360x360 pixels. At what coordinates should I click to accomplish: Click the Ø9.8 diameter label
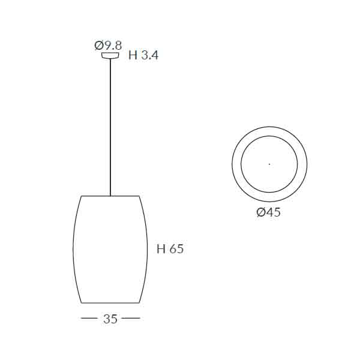pyautogui.click(x=108, y=46)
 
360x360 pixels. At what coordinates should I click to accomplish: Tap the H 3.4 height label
pyautogui.click(x=143, y=55)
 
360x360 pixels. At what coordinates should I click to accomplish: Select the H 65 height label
pyautogui.click(x=170, y=248)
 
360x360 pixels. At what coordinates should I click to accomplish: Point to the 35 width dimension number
pyautogui.click(x=110, y=319)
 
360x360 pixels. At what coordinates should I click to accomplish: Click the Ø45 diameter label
pyautogui.click(x=268, y=212)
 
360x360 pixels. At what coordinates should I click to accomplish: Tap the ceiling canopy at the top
pyautogui.click(x=110, y=55)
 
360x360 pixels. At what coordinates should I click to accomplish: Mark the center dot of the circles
pyautogui.click(x=269, y=164)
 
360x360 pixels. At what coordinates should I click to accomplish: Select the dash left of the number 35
pyautogui.click(x=89, y=318)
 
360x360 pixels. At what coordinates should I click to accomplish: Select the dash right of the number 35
pyautogui.click(x=131, y=318)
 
